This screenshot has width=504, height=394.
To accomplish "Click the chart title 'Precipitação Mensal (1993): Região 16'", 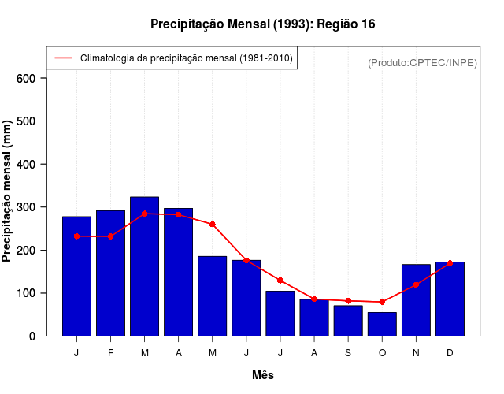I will (262, 24).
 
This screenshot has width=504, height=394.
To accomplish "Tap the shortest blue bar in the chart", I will (382, 324).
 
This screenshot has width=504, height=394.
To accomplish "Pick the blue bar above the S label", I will (348, 321).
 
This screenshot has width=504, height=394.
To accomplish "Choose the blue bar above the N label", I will (416, 300).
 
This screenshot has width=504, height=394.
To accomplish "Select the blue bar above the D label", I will (450, 299).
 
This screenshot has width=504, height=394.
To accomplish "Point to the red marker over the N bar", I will (416, 284).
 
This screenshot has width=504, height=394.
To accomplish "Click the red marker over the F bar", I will (110, 236).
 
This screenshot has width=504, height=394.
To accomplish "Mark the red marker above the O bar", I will (382, 302).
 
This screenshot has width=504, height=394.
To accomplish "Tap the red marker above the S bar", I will (348, 300).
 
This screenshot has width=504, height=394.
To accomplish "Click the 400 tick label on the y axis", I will (27, 164).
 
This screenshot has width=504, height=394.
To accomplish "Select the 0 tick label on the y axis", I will (32, 336).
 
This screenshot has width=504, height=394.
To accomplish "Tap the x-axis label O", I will (382, 353).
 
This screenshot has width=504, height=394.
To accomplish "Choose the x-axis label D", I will (450, 353).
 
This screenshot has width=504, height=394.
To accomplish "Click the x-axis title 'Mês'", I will (263, 375).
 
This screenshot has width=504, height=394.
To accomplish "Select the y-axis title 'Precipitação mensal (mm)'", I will (8, 191).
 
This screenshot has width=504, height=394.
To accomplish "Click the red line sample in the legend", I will (63, 58).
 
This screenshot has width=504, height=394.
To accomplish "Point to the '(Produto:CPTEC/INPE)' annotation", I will (423, 62).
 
